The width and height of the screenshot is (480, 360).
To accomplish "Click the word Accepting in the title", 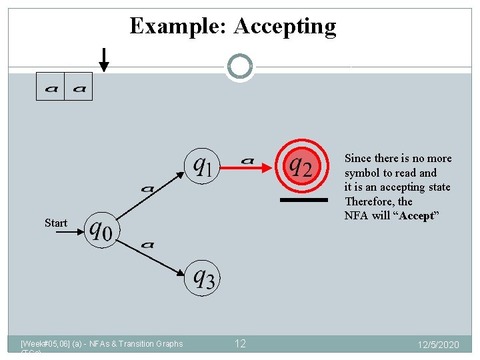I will pos(285,27).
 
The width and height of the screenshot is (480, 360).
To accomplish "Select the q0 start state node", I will pos(101,230).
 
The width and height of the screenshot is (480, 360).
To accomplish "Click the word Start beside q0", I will pos(56,223).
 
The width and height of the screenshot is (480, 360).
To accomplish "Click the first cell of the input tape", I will pos(50,87).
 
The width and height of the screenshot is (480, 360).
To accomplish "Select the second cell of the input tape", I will pos(78,87).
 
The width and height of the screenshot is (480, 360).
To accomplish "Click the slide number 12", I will pos(240,343).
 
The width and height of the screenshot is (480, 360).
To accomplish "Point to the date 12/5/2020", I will pos(438,345).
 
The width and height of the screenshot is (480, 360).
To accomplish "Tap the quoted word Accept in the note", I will pos(417,216).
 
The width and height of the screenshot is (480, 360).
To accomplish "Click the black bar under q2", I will pos(303,200).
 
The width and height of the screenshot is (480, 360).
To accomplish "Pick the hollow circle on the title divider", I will pos(240,66).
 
